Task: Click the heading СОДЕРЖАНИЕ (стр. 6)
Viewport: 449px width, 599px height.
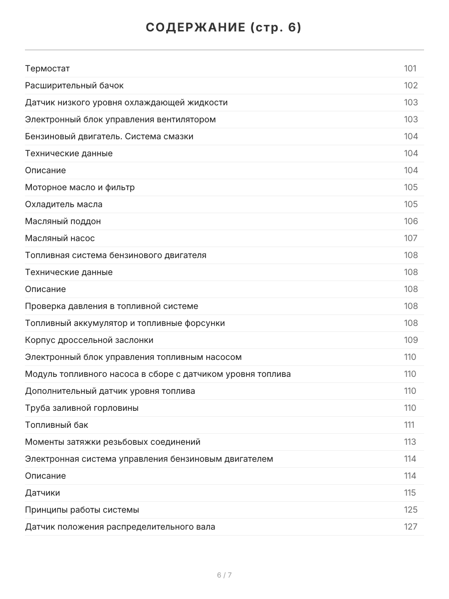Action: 224,28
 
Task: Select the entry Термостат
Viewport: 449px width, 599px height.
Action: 47,68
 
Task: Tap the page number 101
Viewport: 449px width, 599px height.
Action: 410,68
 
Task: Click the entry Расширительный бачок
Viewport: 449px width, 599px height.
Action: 74,85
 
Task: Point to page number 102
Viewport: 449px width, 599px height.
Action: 411,85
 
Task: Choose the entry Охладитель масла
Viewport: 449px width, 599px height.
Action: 64,204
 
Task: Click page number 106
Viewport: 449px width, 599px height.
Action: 411,221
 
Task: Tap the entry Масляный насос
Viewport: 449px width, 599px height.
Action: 60,238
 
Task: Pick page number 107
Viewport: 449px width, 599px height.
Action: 411,238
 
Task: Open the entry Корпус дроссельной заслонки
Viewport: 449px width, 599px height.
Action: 89,340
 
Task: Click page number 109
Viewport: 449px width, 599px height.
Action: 411,340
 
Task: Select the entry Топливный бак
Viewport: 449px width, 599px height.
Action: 57,425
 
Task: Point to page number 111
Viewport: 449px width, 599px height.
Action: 409,425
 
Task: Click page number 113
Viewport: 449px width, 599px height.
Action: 410,442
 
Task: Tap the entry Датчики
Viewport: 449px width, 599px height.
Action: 42,493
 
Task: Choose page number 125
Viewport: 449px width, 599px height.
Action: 411,510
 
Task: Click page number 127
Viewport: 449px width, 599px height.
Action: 411,527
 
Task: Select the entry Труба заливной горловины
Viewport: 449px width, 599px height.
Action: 82,408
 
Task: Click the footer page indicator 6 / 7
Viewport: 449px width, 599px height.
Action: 224,575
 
